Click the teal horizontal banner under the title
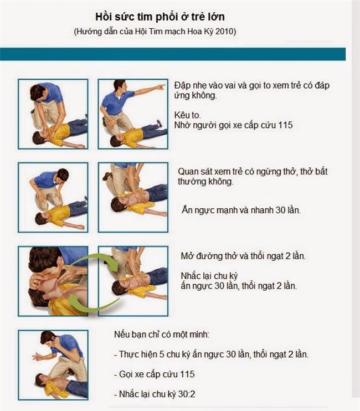tap(173, 54)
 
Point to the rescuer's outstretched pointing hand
tap(160, 88)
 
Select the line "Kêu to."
tap(186, 114)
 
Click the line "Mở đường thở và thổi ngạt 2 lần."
tap(243, 256)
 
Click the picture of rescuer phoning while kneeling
tap(53, 364)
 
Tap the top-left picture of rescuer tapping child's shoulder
tap(53, 114)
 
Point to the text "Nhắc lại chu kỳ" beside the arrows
tap(210, 275)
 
